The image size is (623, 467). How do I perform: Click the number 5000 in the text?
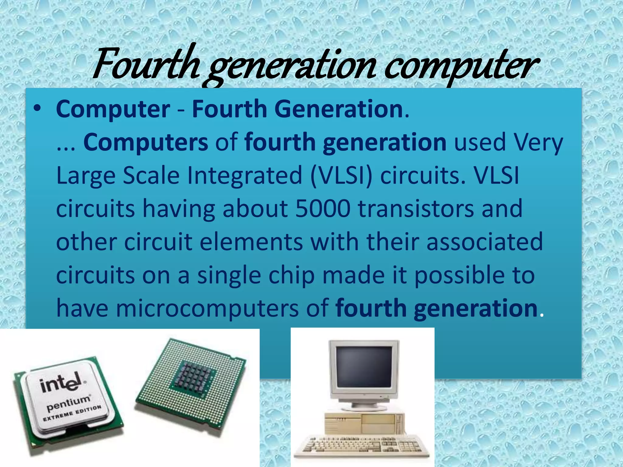tap(323, 209)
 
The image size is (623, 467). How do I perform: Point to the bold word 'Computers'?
tap(146, 142)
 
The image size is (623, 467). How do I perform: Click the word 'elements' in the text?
tap(251, 242)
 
